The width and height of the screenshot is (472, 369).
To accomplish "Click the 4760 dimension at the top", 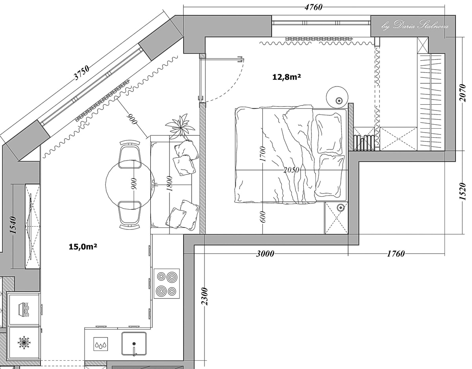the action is pos(313,7).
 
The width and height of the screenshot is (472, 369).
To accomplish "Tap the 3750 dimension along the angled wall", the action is pos(82,73).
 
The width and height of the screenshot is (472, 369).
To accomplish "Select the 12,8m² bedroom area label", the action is pos(286,77).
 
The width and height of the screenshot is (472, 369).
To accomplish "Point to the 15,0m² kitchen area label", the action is pos(83,247).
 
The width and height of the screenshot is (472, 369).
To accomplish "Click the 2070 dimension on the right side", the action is pos(463,93).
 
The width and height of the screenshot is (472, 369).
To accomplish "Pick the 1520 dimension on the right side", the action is pos(463,192).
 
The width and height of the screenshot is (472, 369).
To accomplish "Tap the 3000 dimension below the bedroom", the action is pos(265,254).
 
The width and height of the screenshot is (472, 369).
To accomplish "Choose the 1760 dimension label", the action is pos(396,254).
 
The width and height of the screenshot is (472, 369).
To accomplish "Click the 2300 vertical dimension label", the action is pos(205,297).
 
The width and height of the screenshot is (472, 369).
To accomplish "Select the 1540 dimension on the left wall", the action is pos(13,225).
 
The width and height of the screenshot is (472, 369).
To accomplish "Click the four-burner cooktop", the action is pos(167,283).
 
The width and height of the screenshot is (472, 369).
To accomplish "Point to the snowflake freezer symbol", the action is pos(24,343).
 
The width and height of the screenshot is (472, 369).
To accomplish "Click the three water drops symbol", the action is pos(101,344).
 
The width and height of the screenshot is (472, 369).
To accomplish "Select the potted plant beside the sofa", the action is pos(180,127).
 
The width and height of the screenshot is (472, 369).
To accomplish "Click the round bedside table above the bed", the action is pos(337,97).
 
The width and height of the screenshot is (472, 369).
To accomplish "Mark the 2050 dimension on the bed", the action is pos(291,170).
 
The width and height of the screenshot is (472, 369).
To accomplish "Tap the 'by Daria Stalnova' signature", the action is pos(415,26).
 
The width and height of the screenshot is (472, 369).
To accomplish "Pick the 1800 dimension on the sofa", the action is pos(170,184).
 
